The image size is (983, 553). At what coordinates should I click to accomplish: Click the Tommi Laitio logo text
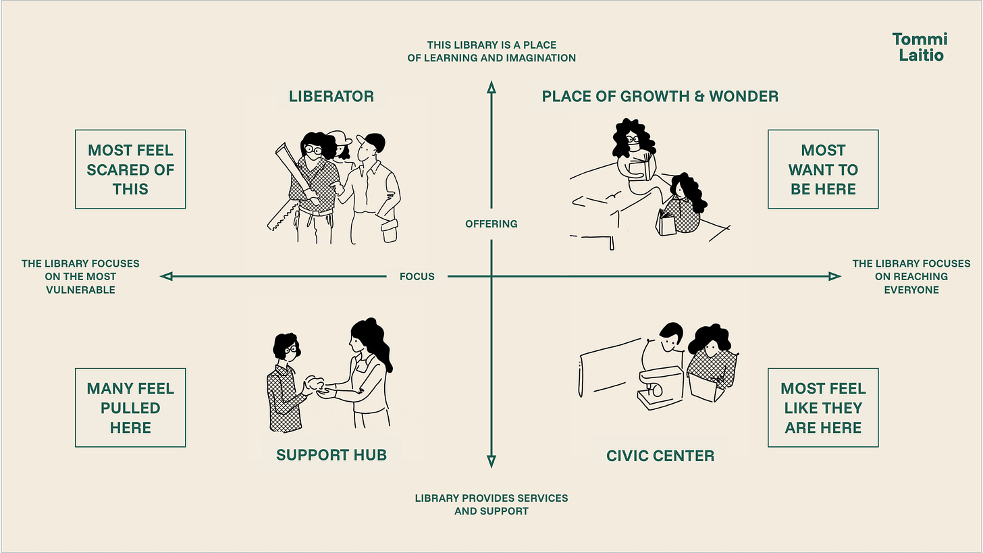click(x=920, y=47)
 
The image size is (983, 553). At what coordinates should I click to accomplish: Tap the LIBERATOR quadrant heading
click(x=331, y=97)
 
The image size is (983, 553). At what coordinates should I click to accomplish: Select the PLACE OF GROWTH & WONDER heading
click(x=660, y=97)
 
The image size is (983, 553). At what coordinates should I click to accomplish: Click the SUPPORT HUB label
click(x=331, y=455)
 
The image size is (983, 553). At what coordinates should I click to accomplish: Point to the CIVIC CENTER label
click(x=660, y=456)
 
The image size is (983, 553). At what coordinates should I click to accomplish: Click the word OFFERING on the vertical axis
click(x=492, y=224)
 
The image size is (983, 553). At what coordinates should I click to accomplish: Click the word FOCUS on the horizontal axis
click(x=417, y=277)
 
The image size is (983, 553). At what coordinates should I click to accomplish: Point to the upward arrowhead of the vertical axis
click(x=492, y=87)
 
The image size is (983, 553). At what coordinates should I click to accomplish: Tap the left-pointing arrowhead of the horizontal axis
click(x=166, y=276)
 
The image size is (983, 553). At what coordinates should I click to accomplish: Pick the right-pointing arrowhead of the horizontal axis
click(x=834, y=276)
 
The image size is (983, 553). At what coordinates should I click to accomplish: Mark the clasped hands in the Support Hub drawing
click(x=318, y=386)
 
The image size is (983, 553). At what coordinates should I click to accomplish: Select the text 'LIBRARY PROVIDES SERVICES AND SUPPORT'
click(x=492, y=505)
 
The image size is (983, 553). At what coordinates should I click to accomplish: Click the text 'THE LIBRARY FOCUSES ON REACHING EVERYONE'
click(x=911, y=277)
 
